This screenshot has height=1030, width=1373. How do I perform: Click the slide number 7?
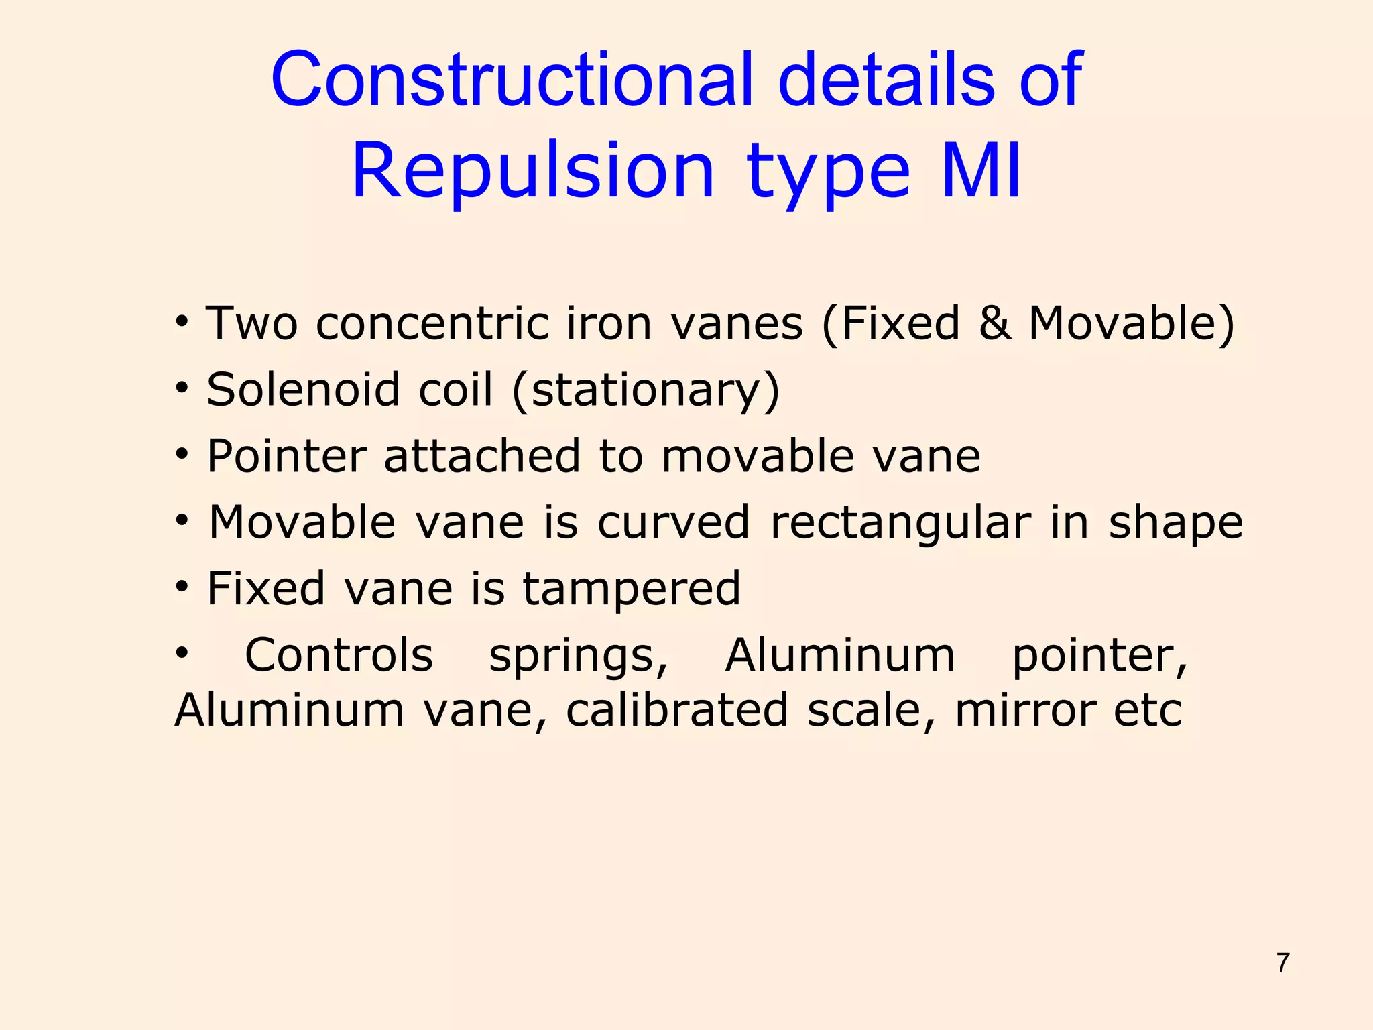pyautogui.click(x=1283, y=962)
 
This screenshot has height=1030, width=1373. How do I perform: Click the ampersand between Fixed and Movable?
pyautogui.click(x=995, y=323)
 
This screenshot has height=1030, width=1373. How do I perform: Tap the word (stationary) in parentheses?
pyautogui.click(x=646, y=391)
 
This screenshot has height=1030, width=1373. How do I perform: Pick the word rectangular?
pyautogui.click(x=900, y=522)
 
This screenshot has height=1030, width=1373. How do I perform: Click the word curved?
pyautogui.click(x=673, y=522)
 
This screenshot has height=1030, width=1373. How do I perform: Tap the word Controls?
pyautogui.click(x=339, y=655)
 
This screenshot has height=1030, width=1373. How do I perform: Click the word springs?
pyautogui.click(x=579, y=656)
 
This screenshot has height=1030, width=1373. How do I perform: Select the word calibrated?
pyautogui.click(x=676, y=711)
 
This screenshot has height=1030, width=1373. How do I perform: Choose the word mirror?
pyautogui.click(x=1026, y=711)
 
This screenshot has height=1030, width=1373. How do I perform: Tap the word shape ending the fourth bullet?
pyautogui.click(x=1176, y=524)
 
